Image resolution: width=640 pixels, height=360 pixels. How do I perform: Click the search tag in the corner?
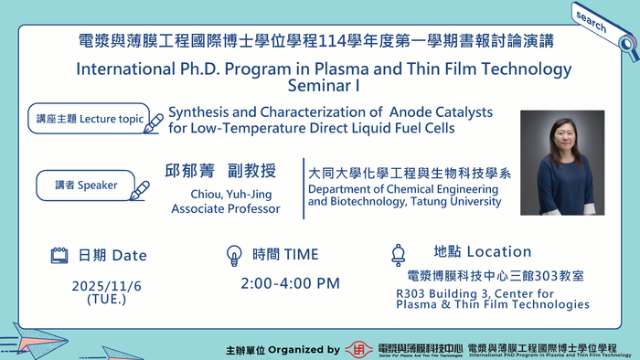point(593,22)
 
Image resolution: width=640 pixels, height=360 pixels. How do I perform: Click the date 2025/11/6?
point(107,286)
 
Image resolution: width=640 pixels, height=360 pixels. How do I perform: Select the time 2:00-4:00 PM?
point(290,283)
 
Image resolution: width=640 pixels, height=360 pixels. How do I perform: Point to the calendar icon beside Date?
point(59,255)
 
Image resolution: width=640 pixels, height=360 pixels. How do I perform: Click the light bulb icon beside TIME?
point(234,255)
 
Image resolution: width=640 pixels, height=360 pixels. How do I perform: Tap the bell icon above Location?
point(399,253)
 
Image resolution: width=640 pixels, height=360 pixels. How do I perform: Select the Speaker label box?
point(85,185)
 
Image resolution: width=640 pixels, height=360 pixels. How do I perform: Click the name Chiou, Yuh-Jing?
point(226,195)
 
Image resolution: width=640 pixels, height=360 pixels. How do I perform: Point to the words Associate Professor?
point(226,209)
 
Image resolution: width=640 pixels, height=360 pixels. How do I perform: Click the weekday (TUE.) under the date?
point(107,299)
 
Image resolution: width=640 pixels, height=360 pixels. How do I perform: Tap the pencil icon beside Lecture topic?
point(154,123)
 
